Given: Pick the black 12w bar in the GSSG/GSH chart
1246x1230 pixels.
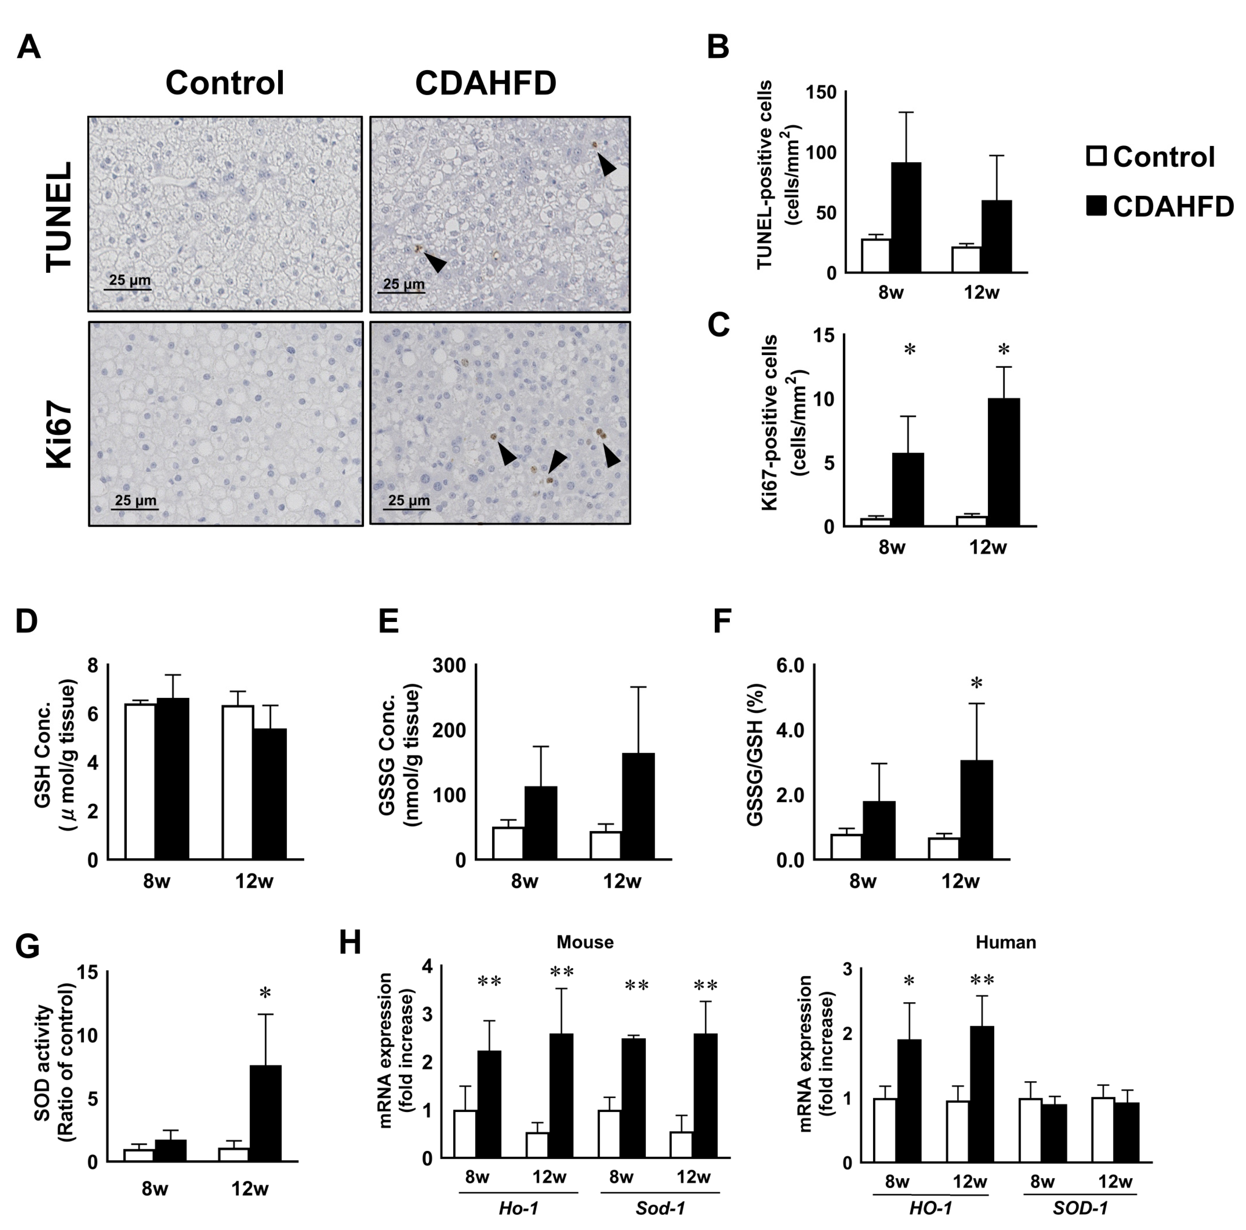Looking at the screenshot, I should tap(976, 810).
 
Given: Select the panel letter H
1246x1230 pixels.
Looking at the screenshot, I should tap(350, 943).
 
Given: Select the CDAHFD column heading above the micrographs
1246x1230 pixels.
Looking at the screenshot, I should tap(486, 83).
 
